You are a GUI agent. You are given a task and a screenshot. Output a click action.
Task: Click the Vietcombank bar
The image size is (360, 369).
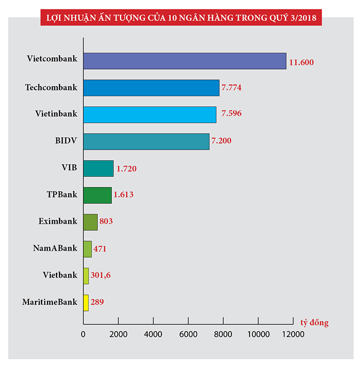(184, 61)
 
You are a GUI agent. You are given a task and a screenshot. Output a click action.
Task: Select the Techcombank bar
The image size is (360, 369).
(151, 88)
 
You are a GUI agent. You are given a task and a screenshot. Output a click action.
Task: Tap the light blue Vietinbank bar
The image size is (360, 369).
(149, 114)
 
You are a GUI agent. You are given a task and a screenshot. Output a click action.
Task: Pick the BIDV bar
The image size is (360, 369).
(146, 141)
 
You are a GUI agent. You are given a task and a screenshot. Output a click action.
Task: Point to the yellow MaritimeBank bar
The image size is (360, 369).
(86, 302)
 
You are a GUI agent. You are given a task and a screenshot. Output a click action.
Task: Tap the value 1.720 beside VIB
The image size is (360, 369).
(126, 168)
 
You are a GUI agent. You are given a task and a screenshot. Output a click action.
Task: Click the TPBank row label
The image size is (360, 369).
(62, 194)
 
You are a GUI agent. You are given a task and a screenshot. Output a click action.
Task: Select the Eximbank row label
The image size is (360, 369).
(58, 221)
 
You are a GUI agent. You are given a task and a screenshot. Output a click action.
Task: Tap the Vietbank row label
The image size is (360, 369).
(60, 274)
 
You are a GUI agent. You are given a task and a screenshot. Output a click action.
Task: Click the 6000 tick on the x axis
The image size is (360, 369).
(188, 333)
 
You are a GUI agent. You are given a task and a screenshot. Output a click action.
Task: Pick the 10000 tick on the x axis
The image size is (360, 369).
(258, 333)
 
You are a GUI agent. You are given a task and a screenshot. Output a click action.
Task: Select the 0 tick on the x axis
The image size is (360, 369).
(83, 333)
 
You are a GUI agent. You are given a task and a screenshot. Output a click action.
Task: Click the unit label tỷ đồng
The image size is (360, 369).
(314, 322)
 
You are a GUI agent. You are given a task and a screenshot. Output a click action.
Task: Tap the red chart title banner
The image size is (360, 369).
(180, 19)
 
